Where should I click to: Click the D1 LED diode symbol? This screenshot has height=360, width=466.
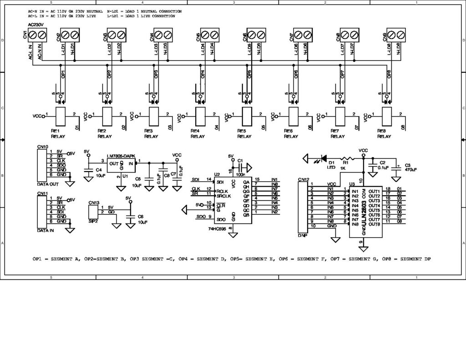coord(324,159)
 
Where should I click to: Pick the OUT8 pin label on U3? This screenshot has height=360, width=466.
coord(374,224)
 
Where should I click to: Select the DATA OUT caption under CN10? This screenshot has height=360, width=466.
coord(47,184)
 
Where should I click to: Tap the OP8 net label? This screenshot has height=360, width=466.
coord(389,74)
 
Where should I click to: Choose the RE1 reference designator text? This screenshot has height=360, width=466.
coord(56,131)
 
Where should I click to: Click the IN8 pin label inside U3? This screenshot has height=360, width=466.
coord(355,224)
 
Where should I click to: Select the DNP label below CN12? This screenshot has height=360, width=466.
coord(302,236)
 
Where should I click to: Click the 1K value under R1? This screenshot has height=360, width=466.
coord(343,168)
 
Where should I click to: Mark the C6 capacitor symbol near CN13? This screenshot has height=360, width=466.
coord(131,218)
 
